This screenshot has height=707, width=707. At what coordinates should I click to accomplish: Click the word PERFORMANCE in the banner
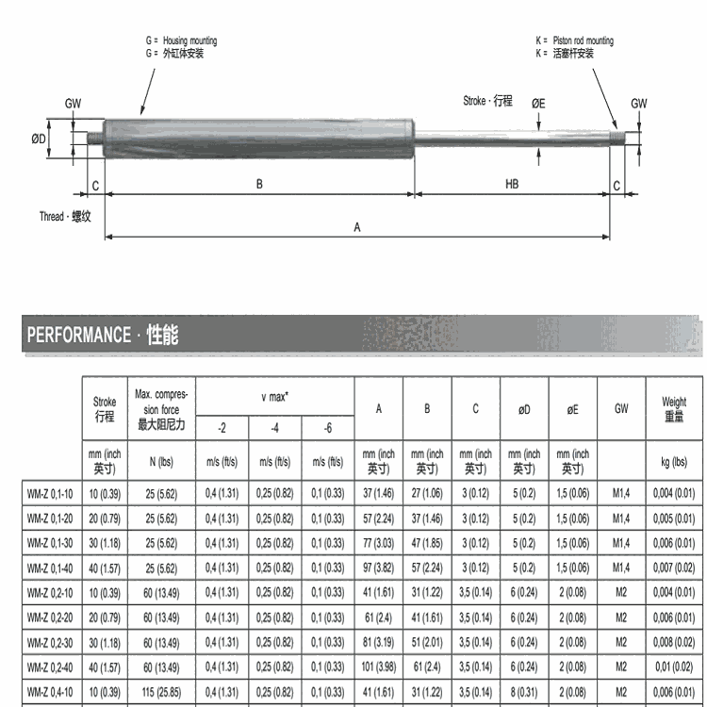(79, 335)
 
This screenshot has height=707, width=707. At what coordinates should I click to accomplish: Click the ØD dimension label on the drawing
(38, 139)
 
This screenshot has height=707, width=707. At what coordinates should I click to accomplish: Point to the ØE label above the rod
(537, 103)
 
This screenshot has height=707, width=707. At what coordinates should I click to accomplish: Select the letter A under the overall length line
(356, 226)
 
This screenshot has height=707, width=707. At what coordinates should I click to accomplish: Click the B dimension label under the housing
(259, 185)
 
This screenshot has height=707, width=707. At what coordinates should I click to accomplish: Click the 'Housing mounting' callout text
(189, 41)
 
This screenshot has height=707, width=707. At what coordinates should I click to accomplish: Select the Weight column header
(675, 409)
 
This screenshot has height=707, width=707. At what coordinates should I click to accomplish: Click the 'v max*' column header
(274, 397)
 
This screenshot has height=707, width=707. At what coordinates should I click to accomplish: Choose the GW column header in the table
(621, 409)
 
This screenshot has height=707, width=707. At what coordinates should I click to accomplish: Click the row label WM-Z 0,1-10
(49, 492)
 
